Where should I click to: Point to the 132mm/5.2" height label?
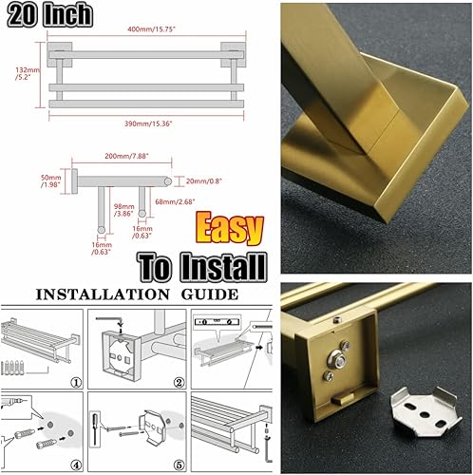pyautogui.click(x=20, y=75)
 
